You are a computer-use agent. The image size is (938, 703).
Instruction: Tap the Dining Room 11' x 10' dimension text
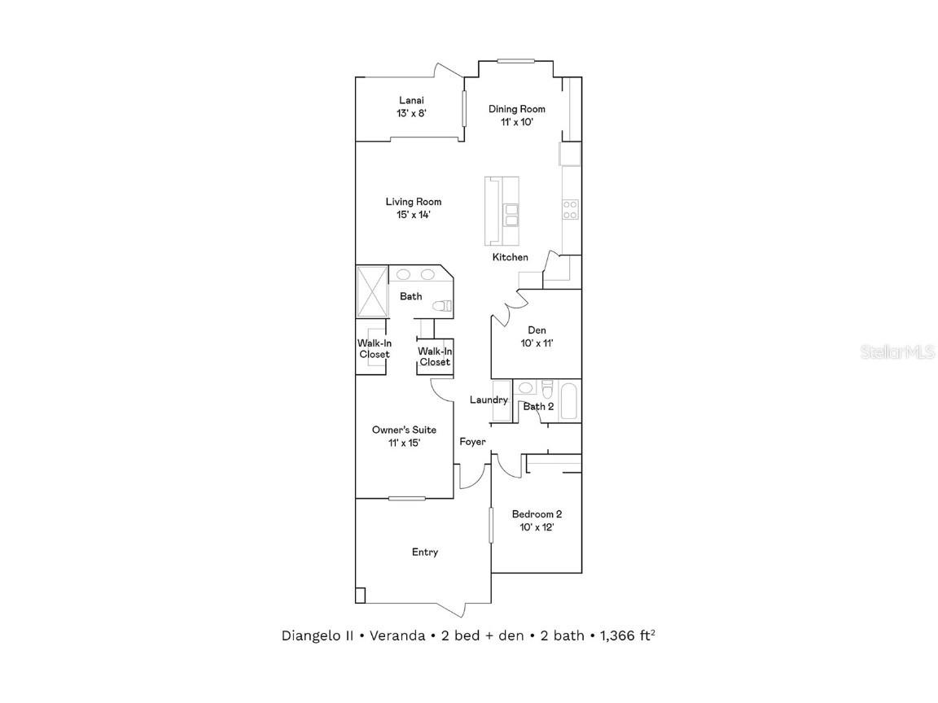(516, 122)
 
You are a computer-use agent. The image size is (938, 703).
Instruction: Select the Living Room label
(414, 202)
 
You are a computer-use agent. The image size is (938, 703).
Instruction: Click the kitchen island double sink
(511, 215)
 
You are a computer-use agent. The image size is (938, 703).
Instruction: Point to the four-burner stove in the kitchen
(570, 209)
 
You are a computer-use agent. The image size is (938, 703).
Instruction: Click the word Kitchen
(510, 257)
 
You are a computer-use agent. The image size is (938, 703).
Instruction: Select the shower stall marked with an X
(372, 290)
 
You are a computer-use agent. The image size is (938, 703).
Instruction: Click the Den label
(537, 330)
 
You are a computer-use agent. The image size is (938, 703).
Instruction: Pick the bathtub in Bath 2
(570, 401)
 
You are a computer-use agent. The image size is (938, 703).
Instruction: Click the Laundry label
(489, 400)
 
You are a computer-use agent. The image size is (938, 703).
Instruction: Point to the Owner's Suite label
(404, 430)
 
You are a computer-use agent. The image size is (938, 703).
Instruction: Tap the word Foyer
(472, 442)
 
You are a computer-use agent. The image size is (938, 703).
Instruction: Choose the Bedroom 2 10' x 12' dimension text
(536, 527)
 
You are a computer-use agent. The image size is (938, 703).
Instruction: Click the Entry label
(424, 552)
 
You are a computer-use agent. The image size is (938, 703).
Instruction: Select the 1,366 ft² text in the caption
(627, 635)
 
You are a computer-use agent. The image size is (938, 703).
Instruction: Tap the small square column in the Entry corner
(361, 595)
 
